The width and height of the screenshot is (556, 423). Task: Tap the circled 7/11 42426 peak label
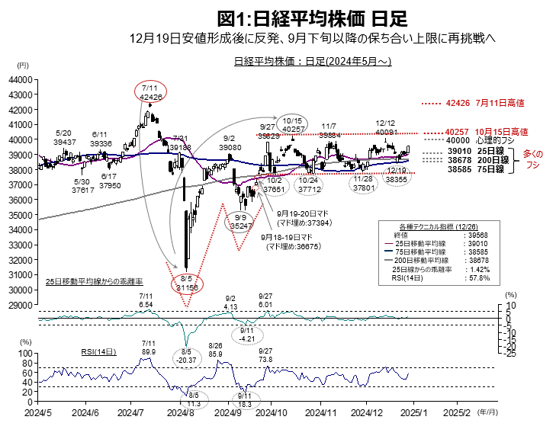tap(150, 92)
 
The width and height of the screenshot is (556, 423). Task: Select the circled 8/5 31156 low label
tap(186, 284)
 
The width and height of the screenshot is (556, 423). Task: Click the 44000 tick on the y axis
tap(21, 79)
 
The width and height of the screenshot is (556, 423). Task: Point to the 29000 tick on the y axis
tap(21, 305)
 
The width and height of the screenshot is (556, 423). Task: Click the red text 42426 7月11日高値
tap(476, 103)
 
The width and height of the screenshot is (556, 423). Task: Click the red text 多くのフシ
tap(536, 160)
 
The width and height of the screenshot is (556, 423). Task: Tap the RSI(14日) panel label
tap(98, 352)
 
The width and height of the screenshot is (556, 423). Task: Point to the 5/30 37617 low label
tap(82, 186)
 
